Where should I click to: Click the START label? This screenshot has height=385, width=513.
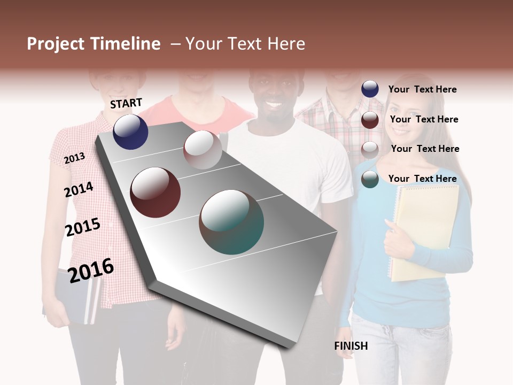(x=126, y=103)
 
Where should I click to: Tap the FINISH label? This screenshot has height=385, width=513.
(x=351, y=346)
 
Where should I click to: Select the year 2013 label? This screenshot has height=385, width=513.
(x=74, y=158)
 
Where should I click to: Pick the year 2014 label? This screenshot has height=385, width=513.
(x=79, y=189)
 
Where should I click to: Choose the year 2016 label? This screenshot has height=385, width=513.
(x=91, y=270)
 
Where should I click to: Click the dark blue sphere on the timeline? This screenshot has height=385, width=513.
(x=130, y=132)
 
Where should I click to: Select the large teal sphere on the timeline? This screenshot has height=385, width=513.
(x=231, y=222)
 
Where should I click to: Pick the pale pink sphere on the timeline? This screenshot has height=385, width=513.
(x=203, y=149)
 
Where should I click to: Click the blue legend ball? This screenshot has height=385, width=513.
(x=370, y=89)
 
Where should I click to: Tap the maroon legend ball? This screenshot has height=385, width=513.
(x=370, y=120)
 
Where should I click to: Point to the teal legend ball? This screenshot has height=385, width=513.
(x=370, y=180)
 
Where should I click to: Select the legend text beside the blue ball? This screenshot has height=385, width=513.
(x=422, y=89)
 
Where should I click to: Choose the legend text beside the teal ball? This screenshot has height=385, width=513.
(x=422, y=179)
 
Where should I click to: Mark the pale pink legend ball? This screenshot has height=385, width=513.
(x=370, y=150)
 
